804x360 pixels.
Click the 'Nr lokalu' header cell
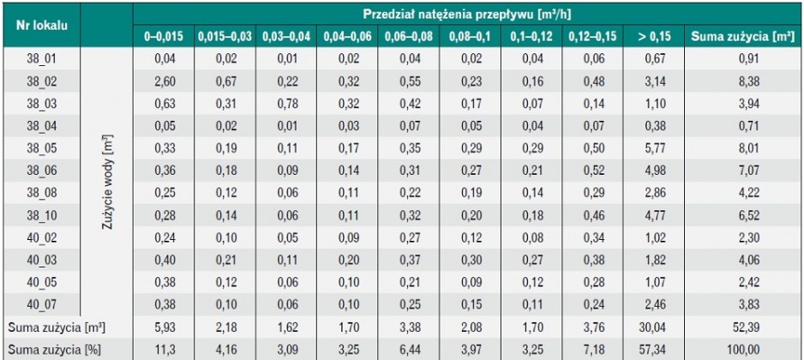(41, 26)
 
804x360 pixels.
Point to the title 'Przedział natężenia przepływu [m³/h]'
(467, 14)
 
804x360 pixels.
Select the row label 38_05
(41, 148)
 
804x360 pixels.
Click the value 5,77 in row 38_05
(654, 148)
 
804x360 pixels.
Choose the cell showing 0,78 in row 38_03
(287, 103)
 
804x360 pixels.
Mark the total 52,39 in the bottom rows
(743, 327)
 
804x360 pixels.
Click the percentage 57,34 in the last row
(654, 349)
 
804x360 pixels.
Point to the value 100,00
(743, 349)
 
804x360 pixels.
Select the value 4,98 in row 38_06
(654, 171)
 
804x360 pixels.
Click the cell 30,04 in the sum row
(654, 327)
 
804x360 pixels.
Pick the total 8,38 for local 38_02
(743, 81)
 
